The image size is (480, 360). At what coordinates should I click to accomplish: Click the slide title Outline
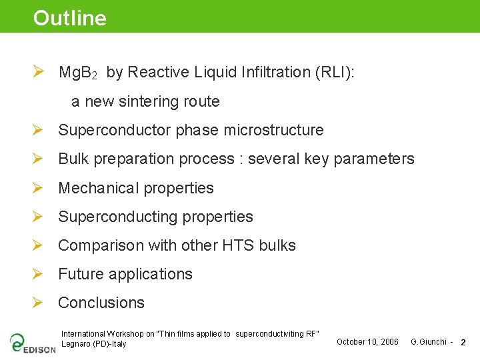pyautogui.click(x=70, y=18)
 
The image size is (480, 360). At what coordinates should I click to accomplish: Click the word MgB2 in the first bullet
pyautogui.click(x=78, y=73)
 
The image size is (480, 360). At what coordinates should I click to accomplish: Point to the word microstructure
pyautogui.click(x=274, y=131)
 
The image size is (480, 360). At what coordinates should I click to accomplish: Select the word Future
pyautogui.click(x=81, y=274)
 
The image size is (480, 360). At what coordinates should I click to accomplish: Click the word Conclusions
pyautogui.click(x=101, y=303)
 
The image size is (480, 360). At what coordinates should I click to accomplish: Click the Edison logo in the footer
pyautogui.click(x=32, y=343)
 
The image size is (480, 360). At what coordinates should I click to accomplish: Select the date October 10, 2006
pyautogui.click(x=367, y=342)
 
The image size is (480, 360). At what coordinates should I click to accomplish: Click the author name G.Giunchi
pyautogui.click(x=428, y=342)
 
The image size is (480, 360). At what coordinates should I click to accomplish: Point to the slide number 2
pyautogui.click(x=463, y=343)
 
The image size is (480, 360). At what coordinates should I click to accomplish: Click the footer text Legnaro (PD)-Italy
pyautogui.click(x=93, y=344)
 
